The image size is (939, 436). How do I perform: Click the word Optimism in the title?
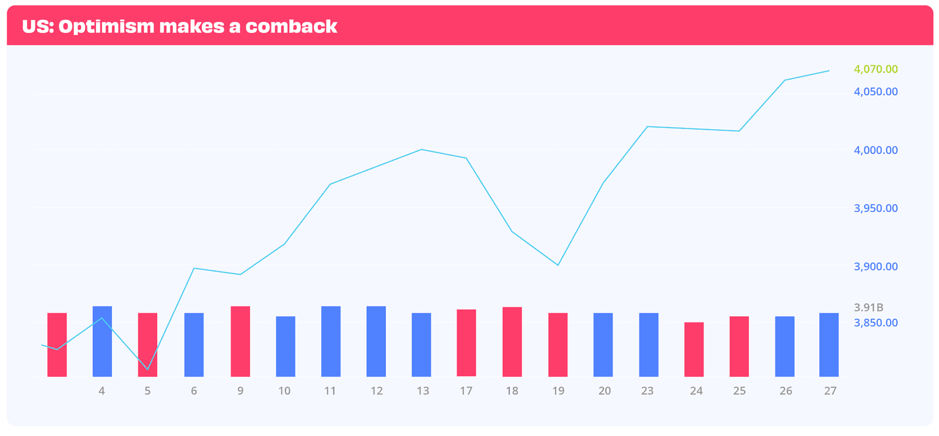(x=106, y=27)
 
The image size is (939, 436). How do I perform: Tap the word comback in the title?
(x=292, y=26)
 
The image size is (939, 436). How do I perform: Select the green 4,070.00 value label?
(x=875, y=69)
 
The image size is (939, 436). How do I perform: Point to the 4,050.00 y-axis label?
(x=875, y=92)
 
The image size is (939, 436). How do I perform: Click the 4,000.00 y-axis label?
(x=875, y=150)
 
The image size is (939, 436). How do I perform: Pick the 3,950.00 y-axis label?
(x=875, y=208)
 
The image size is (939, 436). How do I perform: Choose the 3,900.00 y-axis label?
(x=875, y=266)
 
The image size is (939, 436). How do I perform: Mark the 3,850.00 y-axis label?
(x=875, y=323)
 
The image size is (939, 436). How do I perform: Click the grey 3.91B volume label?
(x=869, y=307)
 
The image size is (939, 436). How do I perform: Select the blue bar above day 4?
(x=102, y=341)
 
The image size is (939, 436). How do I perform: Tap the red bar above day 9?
(x=240, y=341)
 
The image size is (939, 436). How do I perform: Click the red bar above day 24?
(x=694, y=349)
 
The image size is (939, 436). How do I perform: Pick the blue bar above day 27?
(x=829, y=344)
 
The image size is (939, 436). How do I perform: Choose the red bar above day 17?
(x=466, y=343)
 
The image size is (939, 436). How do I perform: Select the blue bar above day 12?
(x=376, y=341)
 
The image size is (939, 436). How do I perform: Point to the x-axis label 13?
(x=422, y=391)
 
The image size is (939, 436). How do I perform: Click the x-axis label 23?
(x=647, y=391)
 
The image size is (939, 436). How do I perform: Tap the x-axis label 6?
(x=194, y=391)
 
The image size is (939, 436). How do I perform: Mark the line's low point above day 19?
(x=558, y=265)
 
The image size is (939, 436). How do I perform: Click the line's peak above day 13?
(x=421, y=150)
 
